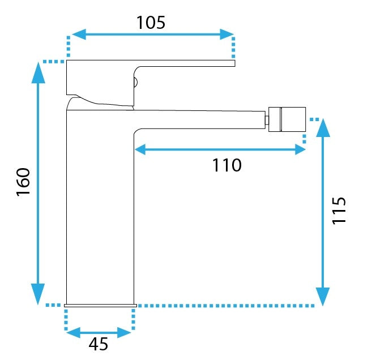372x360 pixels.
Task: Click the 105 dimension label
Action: point(151,23)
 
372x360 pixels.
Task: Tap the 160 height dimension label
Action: point(23,182)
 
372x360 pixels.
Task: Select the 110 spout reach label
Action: point(227,165)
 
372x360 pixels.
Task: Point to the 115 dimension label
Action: point(339,211)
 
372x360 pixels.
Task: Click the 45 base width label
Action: point(99,344)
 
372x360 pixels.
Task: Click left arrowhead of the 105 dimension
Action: point(79,35)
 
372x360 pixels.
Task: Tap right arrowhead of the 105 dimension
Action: point(227,35)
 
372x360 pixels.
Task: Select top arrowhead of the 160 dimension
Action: point(38,72)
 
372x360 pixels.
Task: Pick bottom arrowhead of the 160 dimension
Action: point(38,294)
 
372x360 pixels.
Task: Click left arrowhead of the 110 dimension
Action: point(140,149)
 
